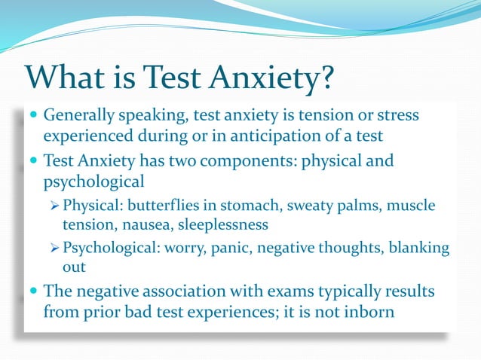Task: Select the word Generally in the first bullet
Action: click(78, 117)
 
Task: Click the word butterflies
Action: click(163, 206)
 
